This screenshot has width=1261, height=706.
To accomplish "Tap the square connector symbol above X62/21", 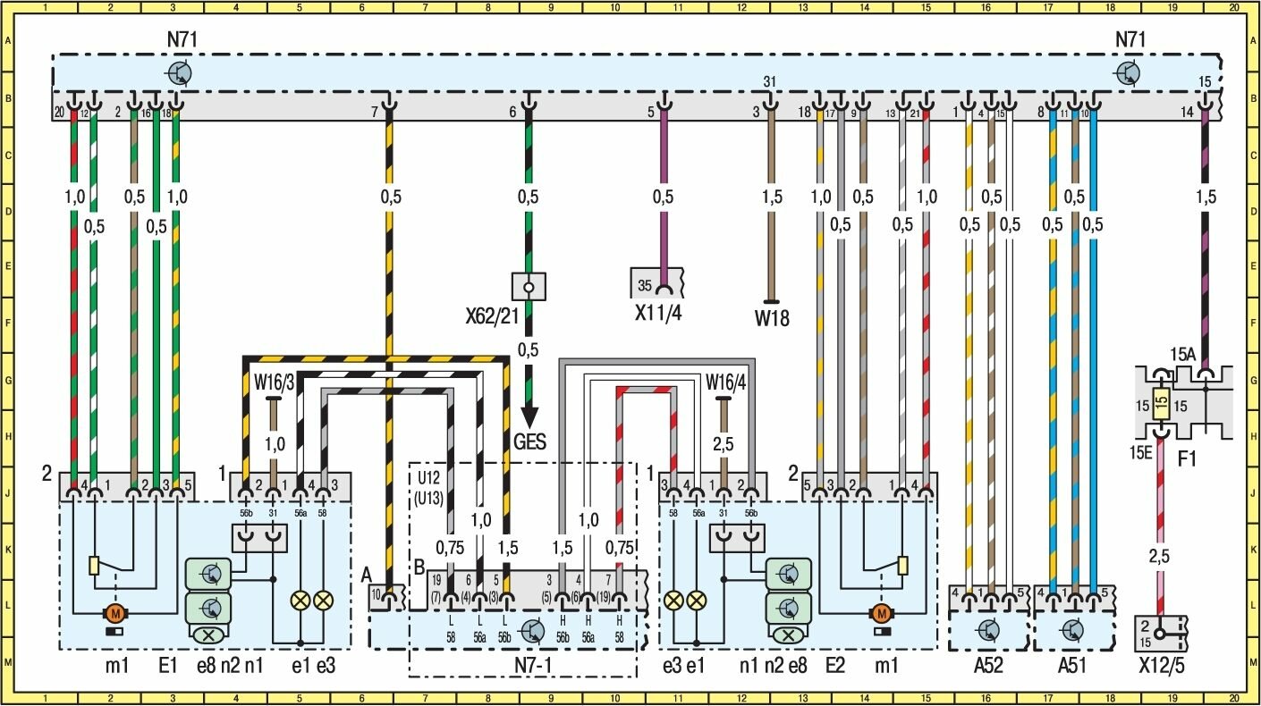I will point(529,287).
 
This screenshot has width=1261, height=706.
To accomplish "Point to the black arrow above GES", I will point(529,416).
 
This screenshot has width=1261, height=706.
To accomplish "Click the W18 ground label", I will point(773,317).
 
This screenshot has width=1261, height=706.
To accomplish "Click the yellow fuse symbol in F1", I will point(1162,405).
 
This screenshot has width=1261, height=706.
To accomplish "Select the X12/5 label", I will point(1162,667).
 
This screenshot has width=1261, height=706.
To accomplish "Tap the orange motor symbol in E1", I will point(115,613).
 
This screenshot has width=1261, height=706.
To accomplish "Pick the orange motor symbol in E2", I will point(882,613).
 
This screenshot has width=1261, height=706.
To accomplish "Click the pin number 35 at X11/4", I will point(644,286).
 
